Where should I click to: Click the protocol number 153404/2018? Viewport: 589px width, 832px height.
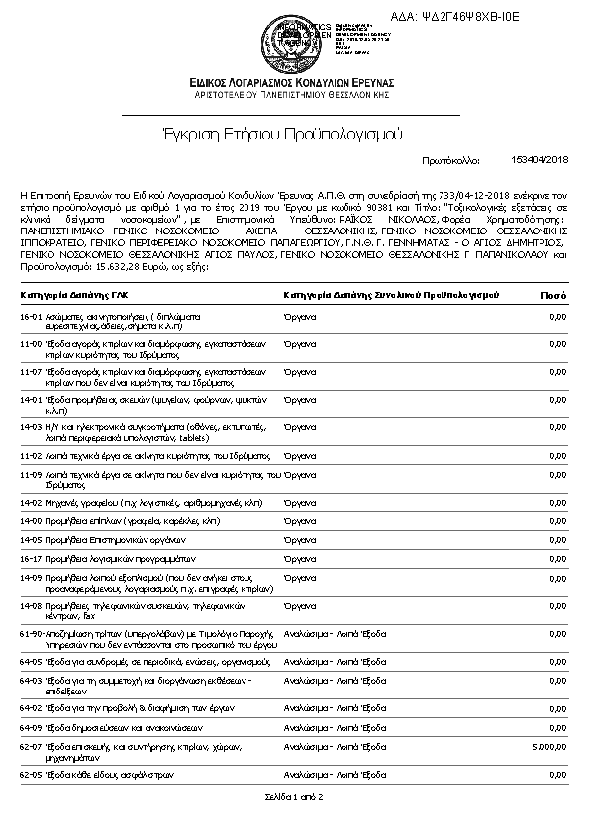coord(540,158)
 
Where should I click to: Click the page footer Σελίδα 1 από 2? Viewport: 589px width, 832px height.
coord(294,796)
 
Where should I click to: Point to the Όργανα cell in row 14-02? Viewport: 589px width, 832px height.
coord(299,503)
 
